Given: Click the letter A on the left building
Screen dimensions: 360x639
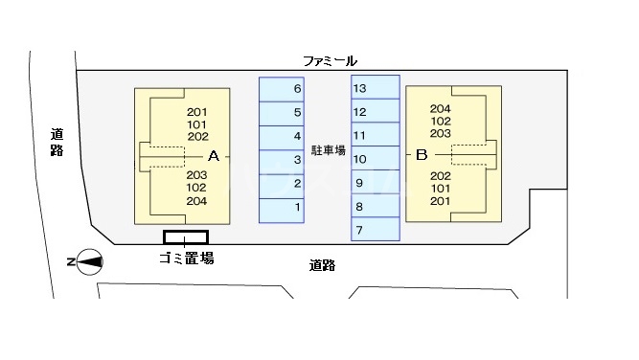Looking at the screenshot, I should pyautogui.click(x=214, y=154).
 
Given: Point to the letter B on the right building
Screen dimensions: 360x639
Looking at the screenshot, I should pyautogui.click(x=421, y=154).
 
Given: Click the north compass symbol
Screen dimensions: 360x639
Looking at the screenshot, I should pyautogui.click(x=89, y=260).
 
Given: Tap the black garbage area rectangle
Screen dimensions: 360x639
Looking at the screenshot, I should pyautogui.click(x=186, y=236).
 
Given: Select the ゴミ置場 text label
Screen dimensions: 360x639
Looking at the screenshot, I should pyautogui.click(x=186, y=258).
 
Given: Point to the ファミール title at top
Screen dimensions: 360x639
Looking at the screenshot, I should pyautogui.click(x=330, y=61).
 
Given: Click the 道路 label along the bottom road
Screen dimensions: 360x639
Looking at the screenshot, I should pyautogui.click(x=323, y=265).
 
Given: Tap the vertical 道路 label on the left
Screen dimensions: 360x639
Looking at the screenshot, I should pyautogui.click(x=57, y=143).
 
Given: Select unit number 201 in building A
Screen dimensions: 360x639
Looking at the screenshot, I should pyautogui.click(x=197, y=111).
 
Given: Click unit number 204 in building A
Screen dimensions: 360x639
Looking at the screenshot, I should pyautogui.click(x=196, y=201).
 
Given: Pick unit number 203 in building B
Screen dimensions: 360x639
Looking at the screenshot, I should pyautogui.click(x=441, y=133).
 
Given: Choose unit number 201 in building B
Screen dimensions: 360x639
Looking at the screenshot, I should pyautogui.click(x=441, y=201).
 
